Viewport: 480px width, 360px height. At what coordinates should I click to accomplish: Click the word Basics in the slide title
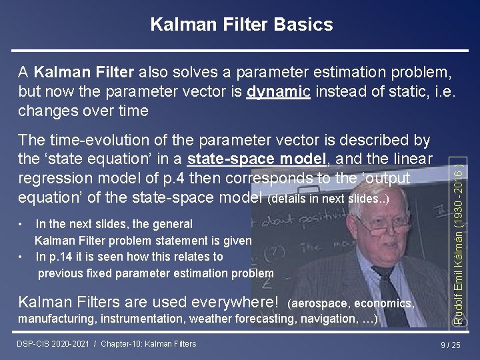pyautogui.click(x=304, y=25)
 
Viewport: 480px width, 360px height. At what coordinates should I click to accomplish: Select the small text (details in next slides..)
pyautogui.click(x=327, y=199)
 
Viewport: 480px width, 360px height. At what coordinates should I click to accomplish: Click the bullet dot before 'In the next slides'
pyautogui.click(x=21, y=224)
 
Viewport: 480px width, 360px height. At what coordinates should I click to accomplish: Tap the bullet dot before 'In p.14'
pyautogui.click(x=21, y=256)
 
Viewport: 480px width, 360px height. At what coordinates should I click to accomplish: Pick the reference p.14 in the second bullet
pyautogui.click(x=61, y=257)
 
